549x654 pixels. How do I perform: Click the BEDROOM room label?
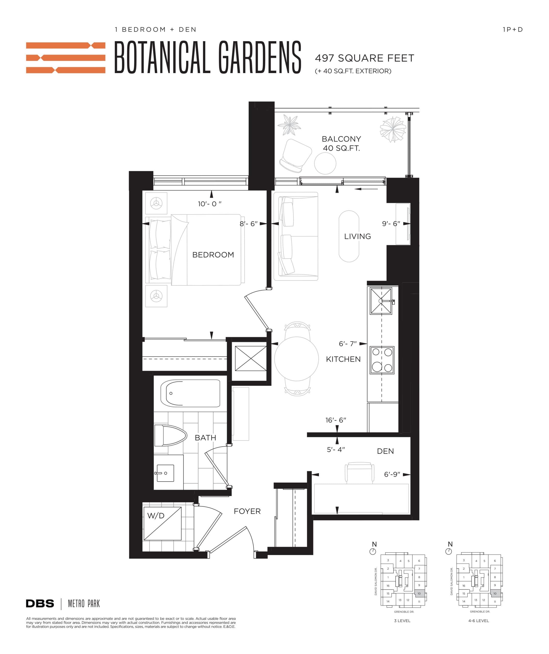coord(213,255)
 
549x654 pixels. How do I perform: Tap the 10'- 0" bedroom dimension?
coord(209,204)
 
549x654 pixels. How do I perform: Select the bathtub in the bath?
coord(190,393)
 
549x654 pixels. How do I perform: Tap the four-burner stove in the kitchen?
coord(382,360)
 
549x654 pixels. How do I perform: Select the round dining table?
coord(296,359)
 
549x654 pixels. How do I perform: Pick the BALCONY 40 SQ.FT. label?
coord(341,143)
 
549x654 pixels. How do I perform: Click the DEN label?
coord(385,451)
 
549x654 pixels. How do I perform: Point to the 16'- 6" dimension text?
coord(336,420)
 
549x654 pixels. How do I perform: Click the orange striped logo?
coord(65,58)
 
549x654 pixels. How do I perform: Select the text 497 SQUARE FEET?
coord(364,58)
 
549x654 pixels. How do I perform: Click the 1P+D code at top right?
coord(512,30)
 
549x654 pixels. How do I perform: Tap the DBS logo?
coord(40,604)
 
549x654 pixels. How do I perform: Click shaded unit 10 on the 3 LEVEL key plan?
coord(419,594)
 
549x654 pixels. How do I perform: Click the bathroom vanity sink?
coord(165,473)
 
